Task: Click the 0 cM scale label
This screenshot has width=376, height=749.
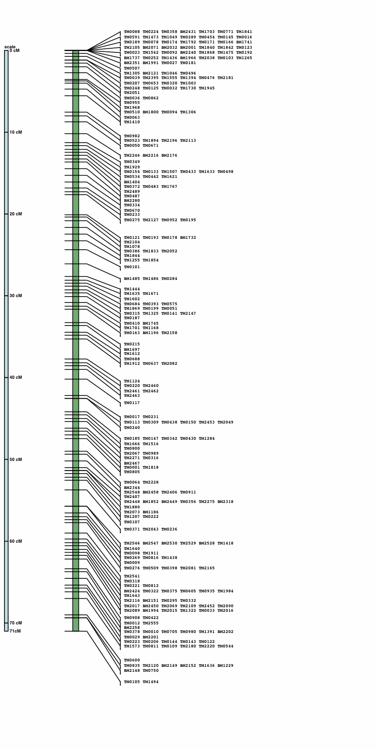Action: click(x=14, y=51)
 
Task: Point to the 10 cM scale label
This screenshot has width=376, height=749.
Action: click(x=16, y=132)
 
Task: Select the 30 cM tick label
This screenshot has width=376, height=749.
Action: click(x=16, y=296)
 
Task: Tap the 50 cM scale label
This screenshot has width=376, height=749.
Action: click(x=16, y=460)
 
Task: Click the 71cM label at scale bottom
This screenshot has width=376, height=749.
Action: click(x=15, y=631)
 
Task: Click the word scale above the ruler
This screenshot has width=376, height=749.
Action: click(x=10, y=47)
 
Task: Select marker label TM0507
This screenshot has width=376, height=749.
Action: click(x=132, y=68)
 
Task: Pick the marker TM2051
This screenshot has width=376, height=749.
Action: click(x=132, y=93)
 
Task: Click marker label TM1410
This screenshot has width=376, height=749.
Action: click(x=132, y=122)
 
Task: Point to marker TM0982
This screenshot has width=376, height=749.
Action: click(x=132, y=136)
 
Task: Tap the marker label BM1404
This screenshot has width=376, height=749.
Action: click(x=132, y=182)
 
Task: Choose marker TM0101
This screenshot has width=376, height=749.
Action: click(x=132, y=267)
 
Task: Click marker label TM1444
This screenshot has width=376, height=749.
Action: click(x=132, y=289)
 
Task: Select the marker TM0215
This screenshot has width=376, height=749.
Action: click(x=132, y=344)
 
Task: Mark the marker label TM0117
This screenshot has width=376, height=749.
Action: click(x=132, y=403)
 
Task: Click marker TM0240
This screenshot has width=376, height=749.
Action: click(x=132, y=428)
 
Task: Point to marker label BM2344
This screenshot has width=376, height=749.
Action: click(x=132, y=488)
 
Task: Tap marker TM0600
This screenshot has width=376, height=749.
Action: click(x=132, y=660)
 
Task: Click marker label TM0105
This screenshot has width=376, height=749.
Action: click(x=132, y=682)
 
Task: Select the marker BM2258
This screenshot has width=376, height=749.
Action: click(x=132, y=628)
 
